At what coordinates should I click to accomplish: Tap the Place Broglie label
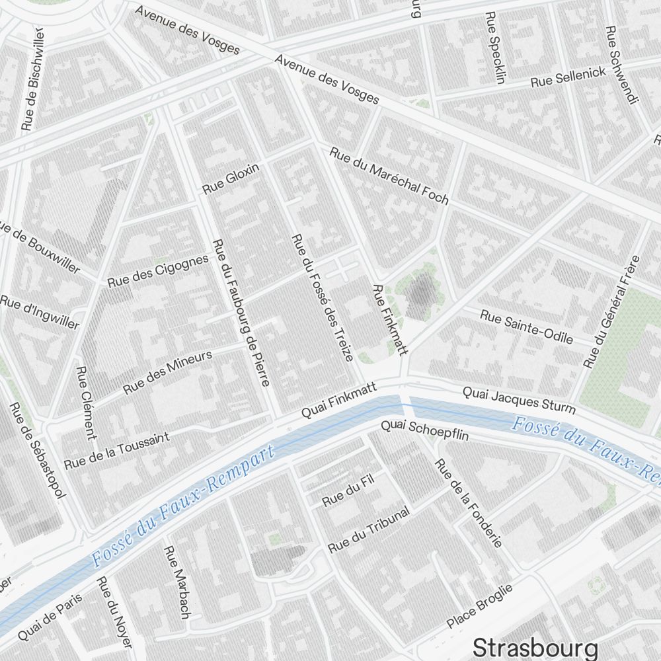pos(480,607)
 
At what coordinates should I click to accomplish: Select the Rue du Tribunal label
pos(369,530)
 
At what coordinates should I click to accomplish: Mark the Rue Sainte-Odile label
pos(526,327)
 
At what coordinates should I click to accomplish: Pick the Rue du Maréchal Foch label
pos(389,175)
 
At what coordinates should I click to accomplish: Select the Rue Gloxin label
pos(231,179)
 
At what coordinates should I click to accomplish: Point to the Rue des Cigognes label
pos(158,270)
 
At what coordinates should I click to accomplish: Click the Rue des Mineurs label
pos(168,372)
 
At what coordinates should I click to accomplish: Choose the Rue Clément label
pos(87,403)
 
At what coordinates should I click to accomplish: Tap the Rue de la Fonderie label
pos(468,502)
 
